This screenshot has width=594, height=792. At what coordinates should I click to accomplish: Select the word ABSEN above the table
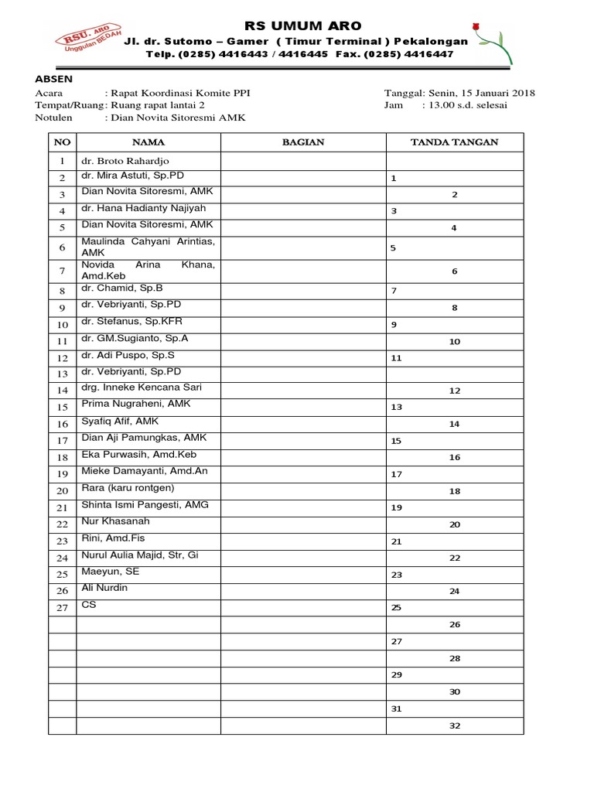53,79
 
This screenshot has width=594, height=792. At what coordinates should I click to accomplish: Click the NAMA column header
148,142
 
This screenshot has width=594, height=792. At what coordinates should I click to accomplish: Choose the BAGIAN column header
302,142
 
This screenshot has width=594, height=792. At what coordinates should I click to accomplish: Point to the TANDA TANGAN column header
454,142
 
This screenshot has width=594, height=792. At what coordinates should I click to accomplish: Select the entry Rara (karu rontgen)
128,488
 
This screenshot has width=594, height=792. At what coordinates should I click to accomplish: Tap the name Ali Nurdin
104,588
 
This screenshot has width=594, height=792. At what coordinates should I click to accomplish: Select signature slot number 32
454,726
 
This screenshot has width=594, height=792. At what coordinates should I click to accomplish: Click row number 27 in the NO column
62,608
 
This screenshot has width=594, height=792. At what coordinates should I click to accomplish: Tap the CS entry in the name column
89,605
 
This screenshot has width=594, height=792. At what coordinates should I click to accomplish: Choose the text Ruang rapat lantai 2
159,105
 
